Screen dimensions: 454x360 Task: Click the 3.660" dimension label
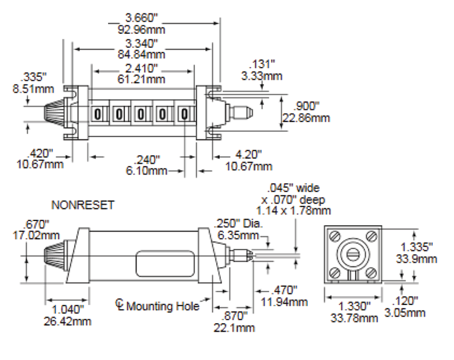click(142, 18)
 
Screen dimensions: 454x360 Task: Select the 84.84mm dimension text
click(141, 54)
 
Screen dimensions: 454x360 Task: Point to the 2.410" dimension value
click(142, 69)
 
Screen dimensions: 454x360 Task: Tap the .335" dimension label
click(33, 77)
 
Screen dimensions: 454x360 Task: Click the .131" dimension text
click(262, 64)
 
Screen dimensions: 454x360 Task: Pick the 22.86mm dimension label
click(306, 118)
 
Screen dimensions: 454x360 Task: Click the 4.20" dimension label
click(248, 155)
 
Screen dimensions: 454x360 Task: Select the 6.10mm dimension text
click(147, 170)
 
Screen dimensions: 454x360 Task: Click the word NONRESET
click(83, 205)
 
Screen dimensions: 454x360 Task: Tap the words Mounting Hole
click(163, 306)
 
